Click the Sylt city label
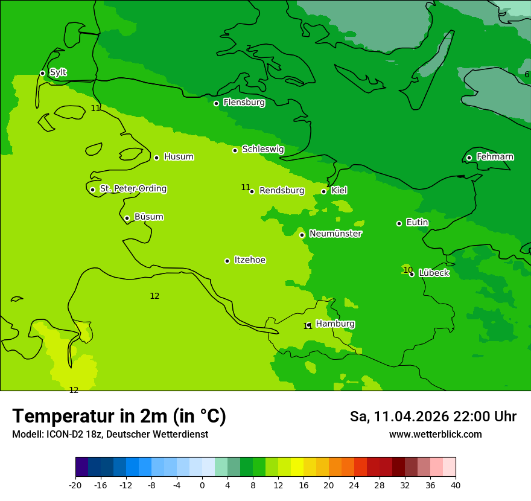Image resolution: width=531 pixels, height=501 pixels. point(58,72)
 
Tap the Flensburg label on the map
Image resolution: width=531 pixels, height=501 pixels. point(244,103)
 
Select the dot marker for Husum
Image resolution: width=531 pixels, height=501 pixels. point(156,158)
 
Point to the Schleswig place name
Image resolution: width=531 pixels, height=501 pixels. point(262,149)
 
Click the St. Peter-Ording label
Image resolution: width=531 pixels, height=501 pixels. point(133,189)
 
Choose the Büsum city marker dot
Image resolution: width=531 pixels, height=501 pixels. point(127,218)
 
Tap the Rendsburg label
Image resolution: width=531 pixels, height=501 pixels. point(282,191)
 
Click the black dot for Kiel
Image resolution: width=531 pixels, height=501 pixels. point(323,191)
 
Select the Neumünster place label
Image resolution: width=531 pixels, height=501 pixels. point(335,234)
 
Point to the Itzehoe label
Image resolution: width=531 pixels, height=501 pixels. point(250,260)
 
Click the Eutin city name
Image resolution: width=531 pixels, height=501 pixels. point(417,223)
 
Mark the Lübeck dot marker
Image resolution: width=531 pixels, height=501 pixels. point(412,274)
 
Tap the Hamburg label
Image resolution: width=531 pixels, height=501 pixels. point(335,324)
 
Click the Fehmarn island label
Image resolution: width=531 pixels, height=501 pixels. point(495,157)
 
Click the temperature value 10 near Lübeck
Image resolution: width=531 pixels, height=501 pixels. point(408,270)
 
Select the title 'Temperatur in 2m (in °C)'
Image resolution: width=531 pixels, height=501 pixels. point(119,416)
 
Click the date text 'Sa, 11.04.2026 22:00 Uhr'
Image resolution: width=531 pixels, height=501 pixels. point(433,416)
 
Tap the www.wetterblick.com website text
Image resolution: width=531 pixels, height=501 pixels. point(435,435)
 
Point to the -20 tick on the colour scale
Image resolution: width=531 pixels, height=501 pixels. point(75,485)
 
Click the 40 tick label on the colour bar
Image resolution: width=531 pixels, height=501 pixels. point(455,485)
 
